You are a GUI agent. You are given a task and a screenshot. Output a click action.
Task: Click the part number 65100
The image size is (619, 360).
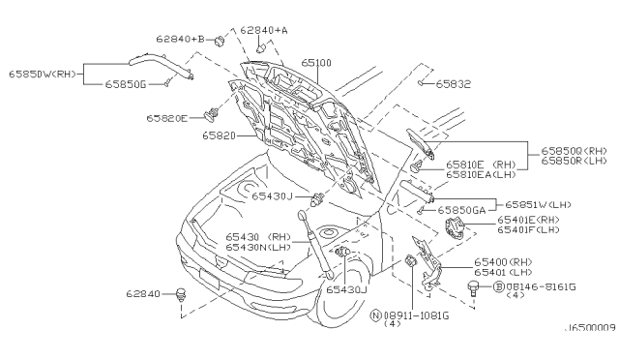pos(316,63)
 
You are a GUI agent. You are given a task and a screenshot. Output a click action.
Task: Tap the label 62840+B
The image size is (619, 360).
pos(180,40)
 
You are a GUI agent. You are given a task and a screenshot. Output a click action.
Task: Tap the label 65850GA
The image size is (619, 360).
pos(461,210)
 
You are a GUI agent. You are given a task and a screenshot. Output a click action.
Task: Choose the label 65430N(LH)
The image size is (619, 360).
pos(258,247)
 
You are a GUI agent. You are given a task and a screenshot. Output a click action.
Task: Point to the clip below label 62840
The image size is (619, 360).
pos(181,294)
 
